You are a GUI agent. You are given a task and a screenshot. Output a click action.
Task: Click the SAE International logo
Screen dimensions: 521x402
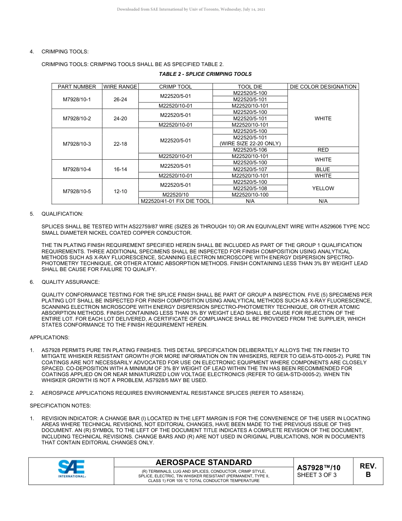pyautogui.click(x=72, y=469)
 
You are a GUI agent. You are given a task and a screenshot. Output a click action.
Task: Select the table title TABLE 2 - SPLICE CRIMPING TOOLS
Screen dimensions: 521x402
pyautogui.click(x=205, y=74)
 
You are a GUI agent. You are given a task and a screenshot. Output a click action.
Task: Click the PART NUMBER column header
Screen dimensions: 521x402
pyautogui.click(x=77, y=87)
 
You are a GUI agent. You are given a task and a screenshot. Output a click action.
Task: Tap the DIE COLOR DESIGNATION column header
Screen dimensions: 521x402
pyautogui.click(x=323, y=87)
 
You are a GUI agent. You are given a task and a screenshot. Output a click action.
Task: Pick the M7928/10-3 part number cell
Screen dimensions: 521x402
pyautogui.click(x=77, y=144)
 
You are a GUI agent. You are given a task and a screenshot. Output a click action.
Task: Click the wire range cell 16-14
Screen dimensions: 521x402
pyautogui.click(x=120, y=169)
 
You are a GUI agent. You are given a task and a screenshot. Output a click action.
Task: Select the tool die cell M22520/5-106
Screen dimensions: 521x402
pyautogui.click(x=250, y=150)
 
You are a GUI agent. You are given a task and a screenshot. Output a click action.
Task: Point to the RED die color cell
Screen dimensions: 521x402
pyautogui.click(x=323, y=150)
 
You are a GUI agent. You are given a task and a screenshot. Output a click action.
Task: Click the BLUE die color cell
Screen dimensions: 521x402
pyautogui.click(x=323, y=169)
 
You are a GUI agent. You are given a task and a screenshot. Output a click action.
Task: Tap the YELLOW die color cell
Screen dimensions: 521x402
pyautogui.click(x=323, y=188)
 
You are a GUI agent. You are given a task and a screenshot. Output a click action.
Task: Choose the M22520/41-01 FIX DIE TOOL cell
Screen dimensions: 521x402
pyautogui.click(x=176, y=201)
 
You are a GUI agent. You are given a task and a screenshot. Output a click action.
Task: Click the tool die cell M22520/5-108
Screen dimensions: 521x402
pyautogui.click(x=250, y=188)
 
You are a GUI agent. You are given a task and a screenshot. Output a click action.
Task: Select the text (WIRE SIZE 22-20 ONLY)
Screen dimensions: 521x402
pyautogui.click(x=250, y=144)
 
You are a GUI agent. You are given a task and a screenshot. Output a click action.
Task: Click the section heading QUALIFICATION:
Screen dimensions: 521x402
pyautogui.click(x=62, y=214)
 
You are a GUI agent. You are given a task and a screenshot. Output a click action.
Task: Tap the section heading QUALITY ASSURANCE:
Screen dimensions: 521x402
pyautogui.click(x=70, y=282)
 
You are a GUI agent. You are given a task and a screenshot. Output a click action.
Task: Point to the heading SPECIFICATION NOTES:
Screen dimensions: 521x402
pyautogui.click(x=54, y=406)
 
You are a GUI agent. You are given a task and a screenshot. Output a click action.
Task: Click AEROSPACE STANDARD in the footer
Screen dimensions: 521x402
pyautogui.click(x=204, y=463)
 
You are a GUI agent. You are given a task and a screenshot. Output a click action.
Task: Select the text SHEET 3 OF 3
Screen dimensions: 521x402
pyautogui.click(x=317, y=475)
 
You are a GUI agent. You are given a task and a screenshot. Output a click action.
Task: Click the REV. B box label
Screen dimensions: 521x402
pyautogui.click(x=368, y=470)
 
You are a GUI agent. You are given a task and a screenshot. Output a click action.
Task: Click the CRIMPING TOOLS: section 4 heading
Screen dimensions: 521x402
pyautogui.click(x=65, y=52)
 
